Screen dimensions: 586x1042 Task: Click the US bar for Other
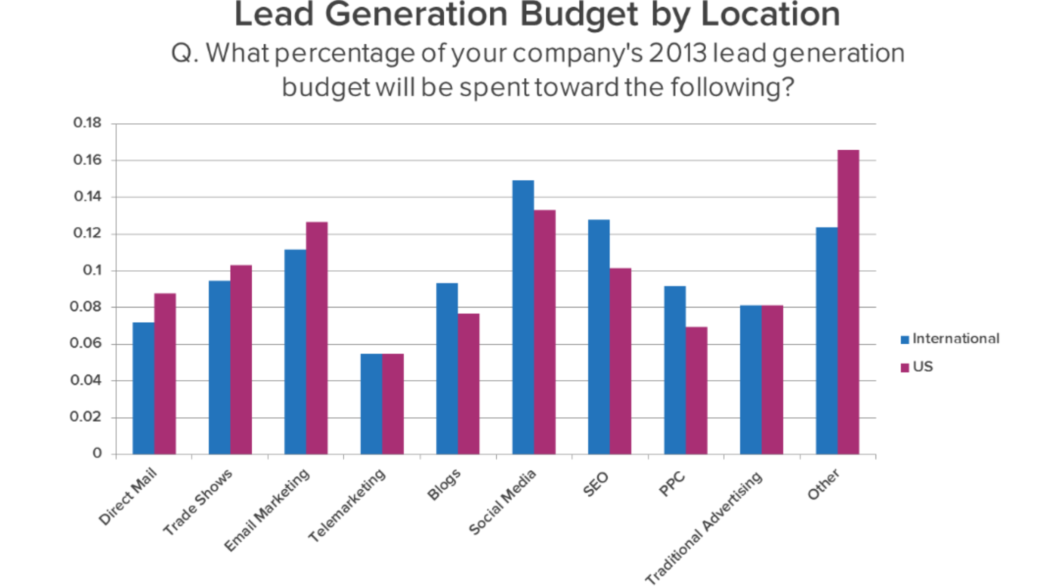click(848, 302)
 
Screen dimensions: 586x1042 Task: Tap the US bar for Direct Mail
click(165, 374)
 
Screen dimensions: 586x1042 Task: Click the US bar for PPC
click(696, 391)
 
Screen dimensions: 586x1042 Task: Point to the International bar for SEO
click(599, 337)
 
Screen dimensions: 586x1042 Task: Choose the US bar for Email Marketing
click(317, 338)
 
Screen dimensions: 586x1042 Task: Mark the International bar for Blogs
click(447, 368)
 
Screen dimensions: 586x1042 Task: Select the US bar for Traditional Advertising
click(772, 380)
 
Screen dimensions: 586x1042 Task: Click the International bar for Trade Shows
click(220, 367)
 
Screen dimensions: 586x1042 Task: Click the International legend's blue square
click(905, 340)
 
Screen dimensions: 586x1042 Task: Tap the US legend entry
click(922, 367)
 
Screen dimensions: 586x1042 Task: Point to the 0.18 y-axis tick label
click(87, 123)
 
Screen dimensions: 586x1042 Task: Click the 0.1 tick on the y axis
click(92, 270)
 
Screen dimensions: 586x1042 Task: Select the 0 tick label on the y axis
click(97, 453)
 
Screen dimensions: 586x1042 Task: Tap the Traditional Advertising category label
click(704, 528)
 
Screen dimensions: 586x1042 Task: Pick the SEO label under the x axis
click(595, 484)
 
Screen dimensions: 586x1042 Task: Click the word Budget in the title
click(578, 15)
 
